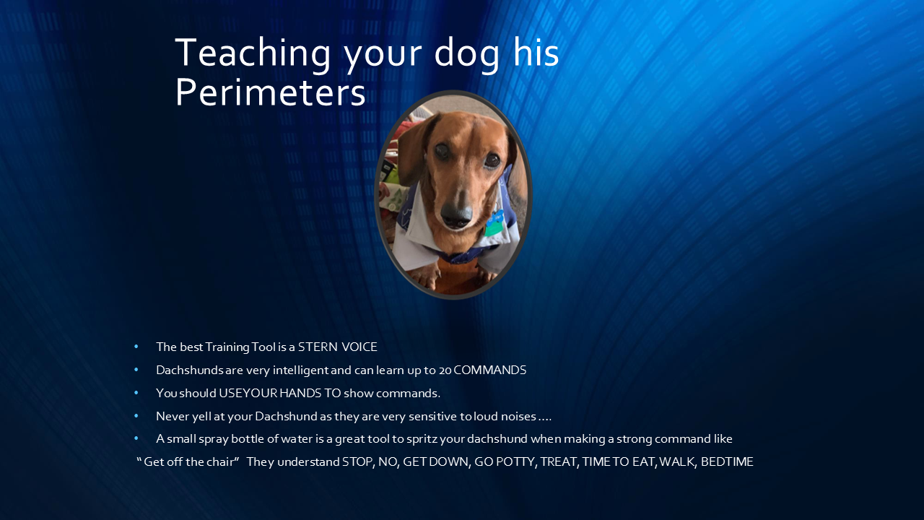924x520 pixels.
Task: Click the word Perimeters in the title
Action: (x=270, y=93)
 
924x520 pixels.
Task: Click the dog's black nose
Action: (x=456, y=211)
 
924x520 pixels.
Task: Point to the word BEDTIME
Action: (x=727, y=462)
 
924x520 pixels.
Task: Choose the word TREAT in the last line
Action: (x=559, y=462)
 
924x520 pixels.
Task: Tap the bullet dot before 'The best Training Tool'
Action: (x=136, y=347)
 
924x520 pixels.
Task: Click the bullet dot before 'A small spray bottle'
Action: (x=136, y=439)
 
